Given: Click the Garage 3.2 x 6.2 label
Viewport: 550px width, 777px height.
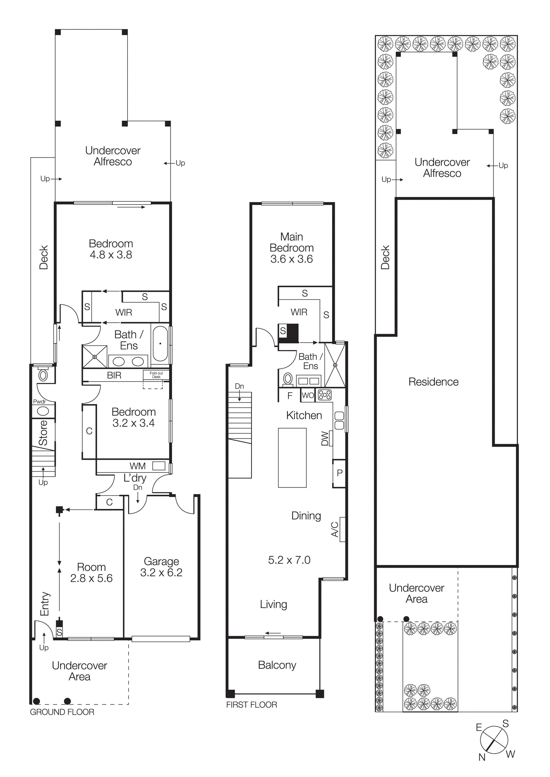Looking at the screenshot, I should click(x=161, y=567).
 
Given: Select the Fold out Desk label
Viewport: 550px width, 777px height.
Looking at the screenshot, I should click(x=156, y=375).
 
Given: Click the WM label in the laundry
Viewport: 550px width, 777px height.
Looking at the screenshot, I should click(x=138, y=466).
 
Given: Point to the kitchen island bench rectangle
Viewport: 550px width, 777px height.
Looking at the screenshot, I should click(x=292, y=458).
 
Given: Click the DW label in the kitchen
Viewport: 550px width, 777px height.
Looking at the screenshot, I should click(x=325, y=438).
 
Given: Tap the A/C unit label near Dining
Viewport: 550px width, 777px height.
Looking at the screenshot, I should click(x=335, y=529).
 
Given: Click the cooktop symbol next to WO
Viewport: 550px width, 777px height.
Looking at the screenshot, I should click(x=325, y=395).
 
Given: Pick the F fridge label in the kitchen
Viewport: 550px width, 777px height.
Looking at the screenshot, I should click(x=290, y=396).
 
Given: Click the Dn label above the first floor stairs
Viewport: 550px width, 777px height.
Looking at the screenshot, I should click(x=239, y=386).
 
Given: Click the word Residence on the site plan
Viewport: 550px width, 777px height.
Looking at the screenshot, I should click(x=434, y=382).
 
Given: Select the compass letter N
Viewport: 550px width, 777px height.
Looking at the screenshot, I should click(x=481, y=757).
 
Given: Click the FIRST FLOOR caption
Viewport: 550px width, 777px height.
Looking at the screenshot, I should click(x=251, y=705).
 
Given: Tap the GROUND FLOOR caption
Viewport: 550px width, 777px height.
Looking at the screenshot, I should click(x=62, y=712).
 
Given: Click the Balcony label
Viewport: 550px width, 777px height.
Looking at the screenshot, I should click(x=277, y=665).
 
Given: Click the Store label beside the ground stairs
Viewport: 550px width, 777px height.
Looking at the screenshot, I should click(x=43, y=433).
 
